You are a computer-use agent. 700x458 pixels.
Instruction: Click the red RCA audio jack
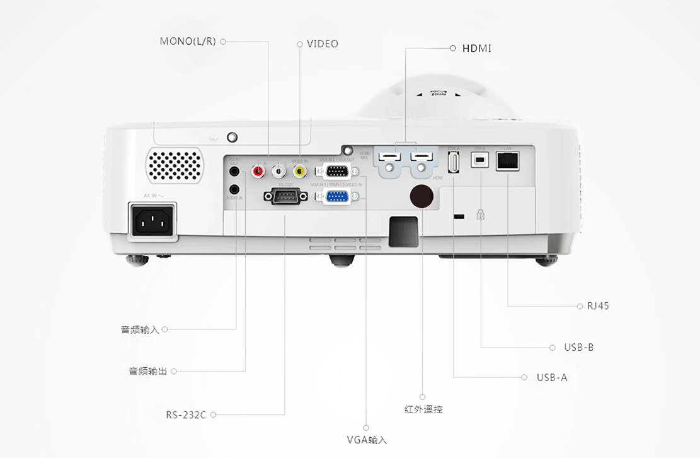point(258,170)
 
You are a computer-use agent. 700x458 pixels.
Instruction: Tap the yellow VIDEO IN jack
point(300,170)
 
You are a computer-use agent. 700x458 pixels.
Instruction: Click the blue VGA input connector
point(337,197)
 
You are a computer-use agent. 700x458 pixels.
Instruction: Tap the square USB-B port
point(480,161)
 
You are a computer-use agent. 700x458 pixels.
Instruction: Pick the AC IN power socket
point(152,220)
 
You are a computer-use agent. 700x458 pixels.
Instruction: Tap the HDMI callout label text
point(476,49)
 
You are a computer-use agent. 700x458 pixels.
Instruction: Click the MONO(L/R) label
point(188,42)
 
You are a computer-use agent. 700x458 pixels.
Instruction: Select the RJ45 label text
point(598,306)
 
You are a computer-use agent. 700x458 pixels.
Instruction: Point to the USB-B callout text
point(579,348)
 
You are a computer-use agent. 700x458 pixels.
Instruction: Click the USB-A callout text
point(552,377)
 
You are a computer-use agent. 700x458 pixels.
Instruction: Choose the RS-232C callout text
point(186,414)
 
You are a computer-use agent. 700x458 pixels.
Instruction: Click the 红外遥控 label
point(423,409)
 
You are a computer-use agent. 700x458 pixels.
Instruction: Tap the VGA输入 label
point(367,440)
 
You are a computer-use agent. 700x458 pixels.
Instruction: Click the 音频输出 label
point(148,371)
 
